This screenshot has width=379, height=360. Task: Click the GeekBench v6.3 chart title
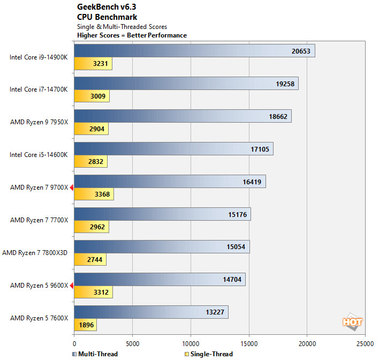[x=108, y=6]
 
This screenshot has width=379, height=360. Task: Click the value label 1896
[x=86, y=325]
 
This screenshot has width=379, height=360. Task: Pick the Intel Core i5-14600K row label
[x=39, y=154]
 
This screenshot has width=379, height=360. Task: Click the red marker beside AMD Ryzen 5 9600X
[x=71, y=285]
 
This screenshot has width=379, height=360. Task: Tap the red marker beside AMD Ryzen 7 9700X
[x=71, y=187]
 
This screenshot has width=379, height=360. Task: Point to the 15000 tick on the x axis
[x=248, y=343]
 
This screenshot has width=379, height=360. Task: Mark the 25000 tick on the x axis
[x=365, y=343]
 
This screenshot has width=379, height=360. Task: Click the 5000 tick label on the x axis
[x=132, y=343]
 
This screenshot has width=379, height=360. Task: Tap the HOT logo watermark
[x=353, y=322]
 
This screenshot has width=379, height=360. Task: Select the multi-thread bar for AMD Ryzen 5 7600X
[x=151, y=312]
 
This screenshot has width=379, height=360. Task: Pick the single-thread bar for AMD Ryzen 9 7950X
[x=91, y=129]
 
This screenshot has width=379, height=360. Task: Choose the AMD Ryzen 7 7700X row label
[x=39, y=220]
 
